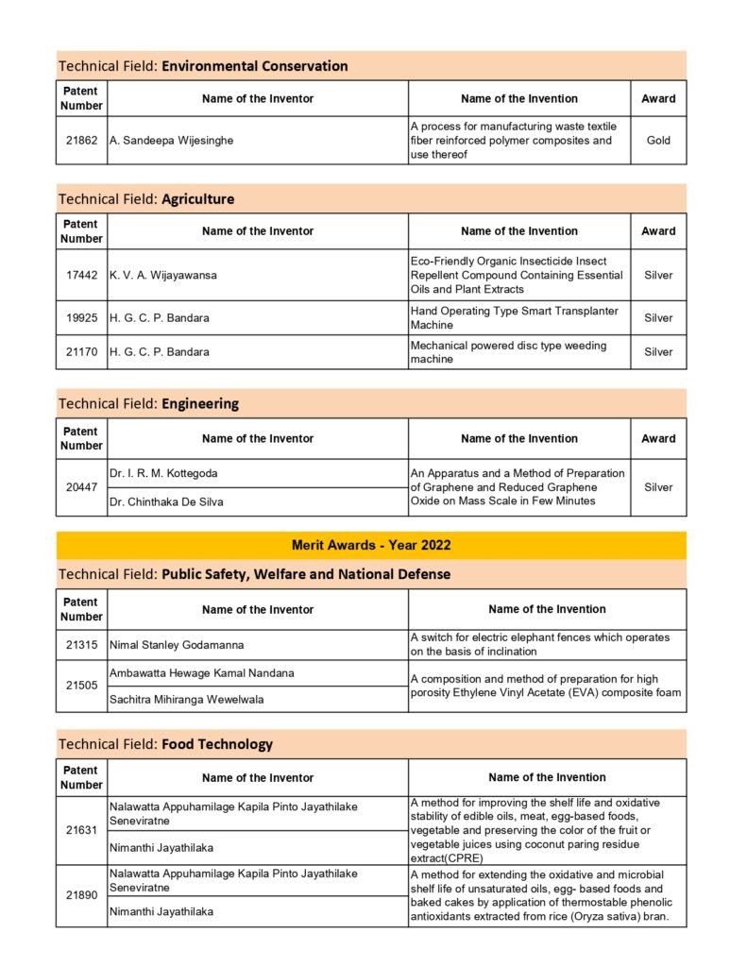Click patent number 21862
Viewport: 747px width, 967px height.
81,140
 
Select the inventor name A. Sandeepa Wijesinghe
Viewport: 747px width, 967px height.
171,140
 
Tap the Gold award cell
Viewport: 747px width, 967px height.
658,140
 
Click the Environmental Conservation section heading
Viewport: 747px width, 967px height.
203,66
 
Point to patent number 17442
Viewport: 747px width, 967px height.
81,275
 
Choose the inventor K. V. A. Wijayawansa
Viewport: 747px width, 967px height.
163,275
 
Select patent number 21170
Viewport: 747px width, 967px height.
81,351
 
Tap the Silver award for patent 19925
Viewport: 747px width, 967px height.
658,317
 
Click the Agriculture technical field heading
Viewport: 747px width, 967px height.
146,199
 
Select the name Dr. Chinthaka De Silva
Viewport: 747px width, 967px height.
166,501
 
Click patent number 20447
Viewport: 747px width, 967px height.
81,487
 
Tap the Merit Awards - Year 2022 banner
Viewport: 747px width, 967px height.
371,545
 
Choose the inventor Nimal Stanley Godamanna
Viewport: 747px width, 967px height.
177,645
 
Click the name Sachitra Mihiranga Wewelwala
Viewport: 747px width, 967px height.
187,699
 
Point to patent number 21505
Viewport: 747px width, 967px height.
81,686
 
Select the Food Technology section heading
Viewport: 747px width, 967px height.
165,744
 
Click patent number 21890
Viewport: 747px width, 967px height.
81,895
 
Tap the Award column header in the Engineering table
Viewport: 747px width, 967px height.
658,438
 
